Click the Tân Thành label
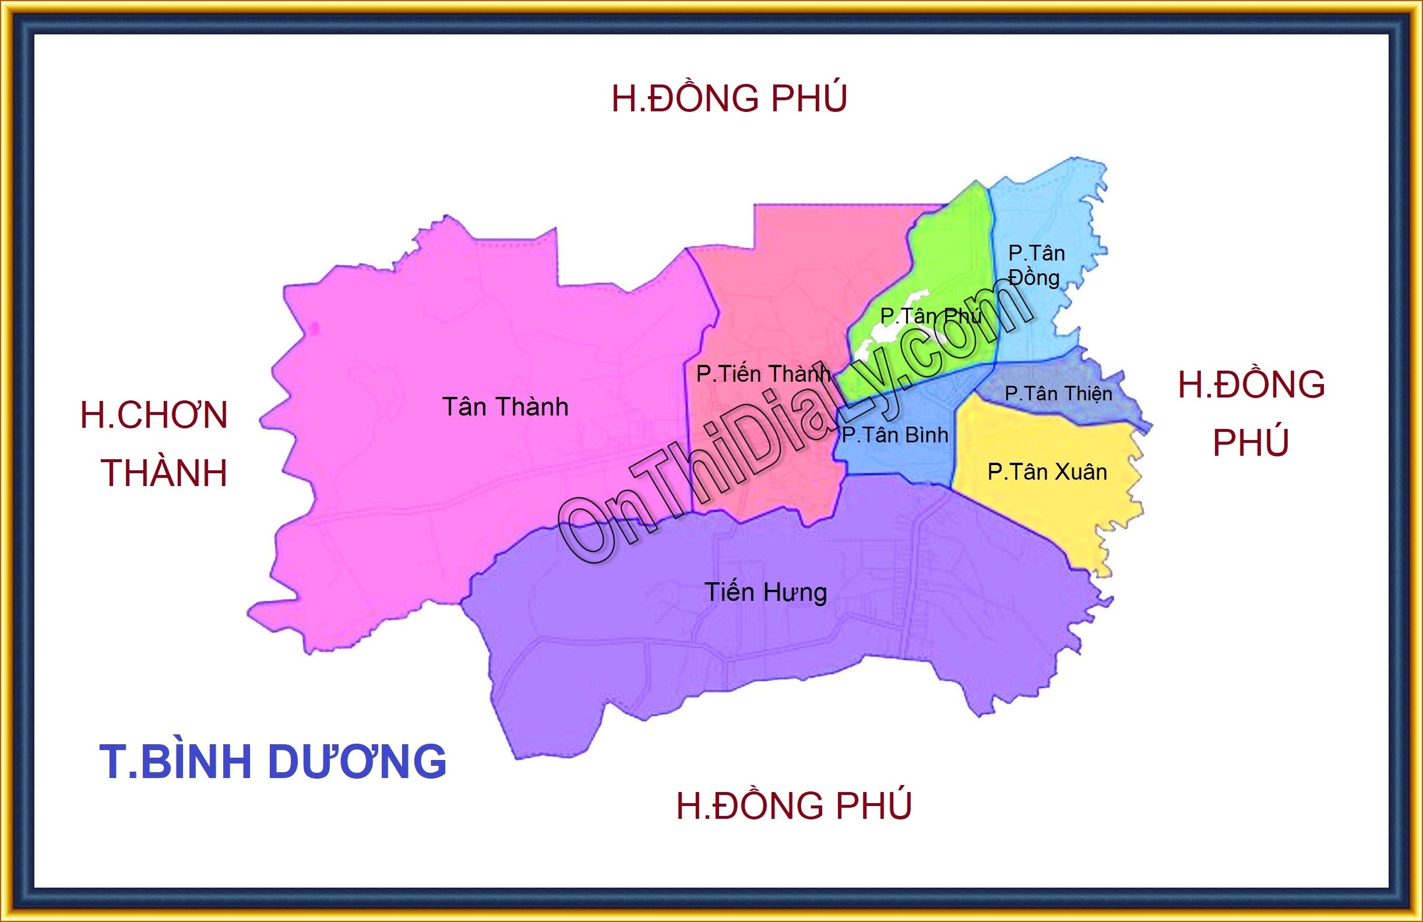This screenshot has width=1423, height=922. [505, 407]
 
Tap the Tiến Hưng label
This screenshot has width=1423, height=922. [765, 593]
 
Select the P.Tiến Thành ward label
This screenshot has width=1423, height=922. [763, 374]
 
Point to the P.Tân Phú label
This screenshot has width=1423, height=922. [931, 316]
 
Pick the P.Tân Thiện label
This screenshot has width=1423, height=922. [1058, 393]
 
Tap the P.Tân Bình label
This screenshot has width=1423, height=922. [894, 435]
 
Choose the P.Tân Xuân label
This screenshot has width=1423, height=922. [1047, 471]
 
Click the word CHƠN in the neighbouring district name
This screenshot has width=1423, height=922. [172, 415]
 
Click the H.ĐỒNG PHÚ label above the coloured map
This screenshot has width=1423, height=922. [729, 98]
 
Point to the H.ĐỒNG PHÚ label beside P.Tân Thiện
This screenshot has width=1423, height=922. [1251, 413]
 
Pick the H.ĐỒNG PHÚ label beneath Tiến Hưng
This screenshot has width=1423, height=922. [794, 805]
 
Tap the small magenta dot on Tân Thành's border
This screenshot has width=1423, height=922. [315, 328]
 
